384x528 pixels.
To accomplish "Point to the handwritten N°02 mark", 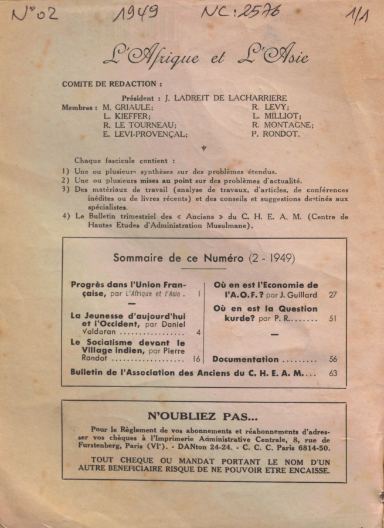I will tap(35, 14).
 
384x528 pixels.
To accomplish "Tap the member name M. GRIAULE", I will tap(128, 107).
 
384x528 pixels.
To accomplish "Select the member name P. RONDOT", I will tap(276, 134).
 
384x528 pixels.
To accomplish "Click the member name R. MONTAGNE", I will tap(283, 125).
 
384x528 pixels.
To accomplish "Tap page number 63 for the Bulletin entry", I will tap(334, 373).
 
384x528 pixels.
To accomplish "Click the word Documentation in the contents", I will tap(245, 359).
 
